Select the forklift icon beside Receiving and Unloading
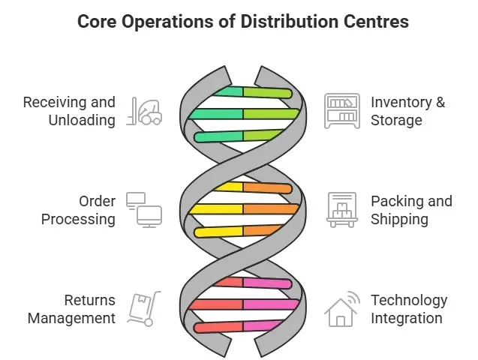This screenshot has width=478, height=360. point(146,111)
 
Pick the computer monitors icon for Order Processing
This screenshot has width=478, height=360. point(144,210)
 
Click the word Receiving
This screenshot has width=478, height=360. point(55,102)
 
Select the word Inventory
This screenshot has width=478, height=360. point(401,102)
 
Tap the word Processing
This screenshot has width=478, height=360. point(78,220)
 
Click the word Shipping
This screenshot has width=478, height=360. point(399,220)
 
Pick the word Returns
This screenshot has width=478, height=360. point(89,301)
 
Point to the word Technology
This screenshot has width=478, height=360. point(409,301)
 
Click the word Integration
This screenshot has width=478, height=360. point(406,318)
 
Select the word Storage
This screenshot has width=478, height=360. point(396,120)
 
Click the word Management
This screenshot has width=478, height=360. point(72,318)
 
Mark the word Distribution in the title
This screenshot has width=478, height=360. point(281,21)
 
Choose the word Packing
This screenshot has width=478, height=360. point(397,202)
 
